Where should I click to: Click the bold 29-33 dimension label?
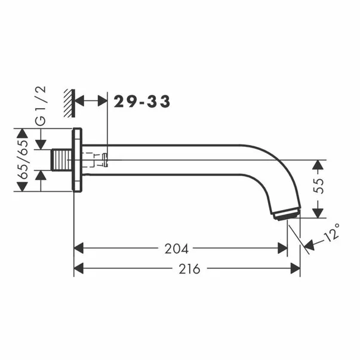pyautogui.click(x=142, y=101)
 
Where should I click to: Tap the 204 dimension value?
pyautogui.click(x=176, y=248)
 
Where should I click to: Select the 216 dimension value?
pyautogui.click(x=189, y=269)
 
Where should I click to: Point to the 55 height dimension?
pyautogui.click(x=318, y=186)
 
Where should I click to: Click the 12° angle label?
pyautogui.click(x=332, y=232)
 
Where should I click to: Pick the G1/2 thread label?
pyautogui.click(x=41, y=106)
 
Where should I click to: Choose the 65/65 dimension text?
pyautogui.click(x=24, y=159)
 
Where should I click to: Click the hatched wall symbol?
pyautogui.click(x=69, y=103)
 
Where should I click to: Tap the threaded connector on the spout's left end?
pyautogui.click(x=61, y=160)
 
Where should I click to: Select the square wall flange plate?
pyautogui.click(x=77, y=160)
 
